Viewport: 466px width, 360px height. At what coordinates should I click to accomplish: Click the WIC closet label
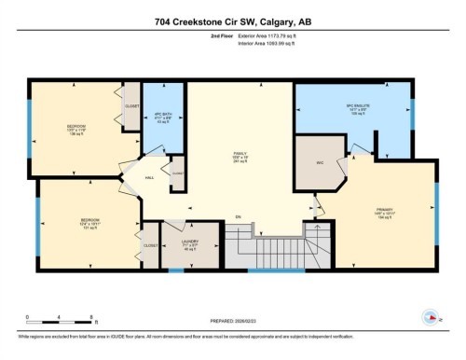319,162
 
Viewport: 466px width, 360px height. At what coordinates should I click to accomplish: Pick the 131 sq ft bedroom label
89,224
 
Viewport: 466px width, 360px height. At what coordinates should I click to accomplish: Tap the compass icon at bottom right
432,316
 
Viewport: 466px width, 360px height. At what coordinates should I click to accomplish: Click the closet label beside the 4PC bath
132,106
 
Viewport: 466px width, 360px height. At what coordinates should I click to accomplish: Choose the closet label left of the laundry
150,244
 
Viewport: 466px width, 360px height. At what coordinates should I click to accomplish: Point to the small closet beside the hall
176,173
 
